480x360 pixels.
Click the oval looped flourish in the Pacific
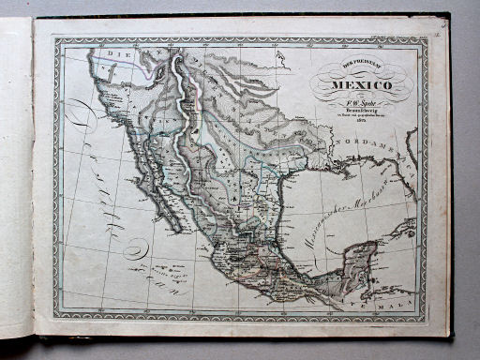tap(136, 249)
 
